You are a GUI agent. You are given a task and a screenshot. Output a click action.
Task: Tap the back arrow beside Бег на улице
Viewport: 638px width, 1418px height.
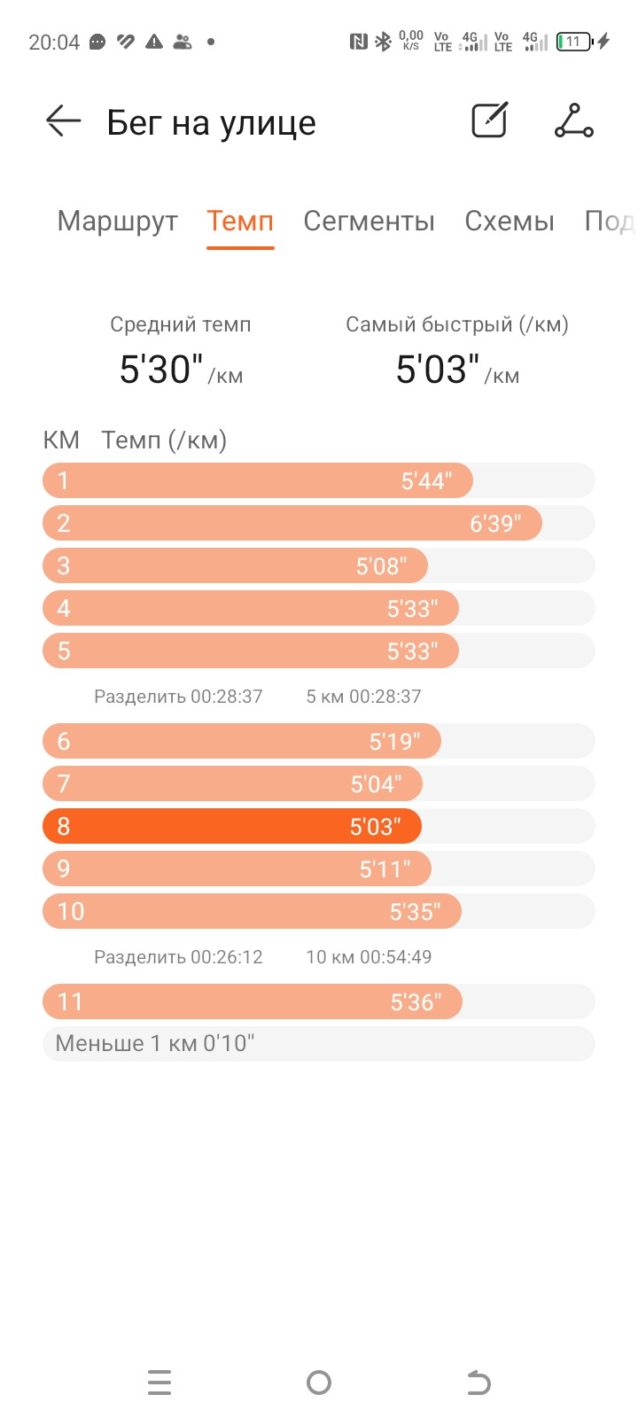(63, 121)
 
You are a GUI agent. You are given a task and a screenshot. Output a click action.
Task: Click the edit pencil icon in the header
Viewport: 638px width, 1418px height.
(490, 120)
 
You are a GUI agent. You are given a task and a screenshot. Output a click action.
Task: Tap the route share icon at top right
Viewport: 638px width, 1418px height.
(574, 121)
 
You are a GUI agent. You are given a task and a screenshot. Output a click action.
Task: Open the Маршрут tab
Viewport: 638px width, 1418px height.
(117, 221)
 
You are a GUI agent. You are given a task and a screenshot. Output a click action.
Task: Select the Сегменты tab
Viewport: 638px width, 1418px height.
(369, 221)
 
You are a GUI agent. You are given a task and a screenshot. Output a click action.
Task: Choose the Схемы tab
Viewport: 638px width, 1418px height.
(510, 221)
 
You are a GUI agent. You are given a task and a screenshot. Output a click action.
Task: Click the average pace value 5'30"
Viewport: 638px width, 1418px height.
(161, 369)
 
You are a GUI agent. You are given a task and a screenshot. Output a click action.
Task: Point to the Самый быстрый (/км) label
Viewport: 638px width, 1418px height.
(457, 324)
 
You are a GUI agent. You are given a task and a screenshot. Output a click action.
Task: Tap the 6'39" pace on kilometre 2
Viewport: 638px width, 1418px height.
(495, 524)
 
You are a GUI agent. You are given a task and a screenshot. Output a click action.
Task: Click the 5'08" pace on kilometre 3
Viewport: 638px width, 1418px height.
(381, 566)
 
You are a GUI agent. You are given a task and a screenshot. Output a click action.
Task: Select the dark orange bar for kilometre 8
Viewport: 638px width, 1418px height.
(231, 826)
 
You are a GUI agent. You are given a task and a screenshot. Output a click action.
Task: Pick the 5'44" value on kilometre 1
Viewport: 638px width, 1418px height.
(426, 481)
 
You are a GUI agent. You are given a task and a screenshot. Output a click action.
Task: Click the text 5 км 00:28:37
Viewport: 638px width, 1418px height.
(364, 697)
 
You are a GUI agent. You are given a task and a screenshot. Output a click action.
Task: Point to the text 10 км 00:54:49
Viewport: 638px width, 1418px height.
(369, 956)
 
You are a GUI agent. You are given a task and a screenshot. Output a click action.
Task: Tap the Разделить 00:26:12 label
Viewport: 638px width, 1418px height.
(178, 956)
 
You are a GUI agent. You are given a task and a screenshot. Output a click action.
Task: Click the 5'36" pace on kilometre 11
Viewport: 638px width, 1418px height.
(416, 1002)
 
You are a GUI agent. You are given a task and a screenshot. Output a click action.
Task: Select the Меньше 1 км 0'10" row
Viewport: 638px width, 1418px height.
(318, 1043)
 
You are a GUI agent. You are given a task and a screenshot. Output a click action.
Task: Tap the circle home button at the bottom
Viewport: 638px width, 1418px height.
(319, 1383)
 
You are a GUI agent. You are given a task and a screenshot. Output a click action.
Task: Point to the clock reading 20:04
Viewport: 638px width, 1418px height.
(54, 43)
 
